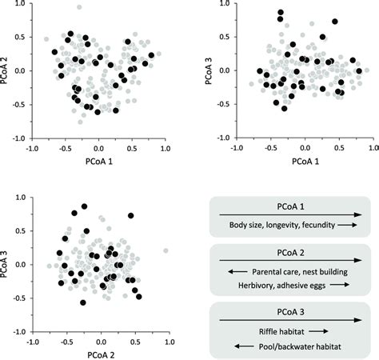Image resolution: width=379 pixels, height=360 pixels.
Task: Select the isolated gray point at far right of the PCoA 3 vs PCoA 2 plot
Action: pos(165,250)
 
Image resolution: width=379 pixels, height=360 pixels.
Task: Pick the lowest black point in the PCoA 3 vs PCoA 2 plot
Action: pos(82,302)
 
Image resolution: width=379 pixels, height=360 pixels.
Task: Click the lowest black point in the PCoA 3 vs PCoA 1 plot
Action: pos(284,108)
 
